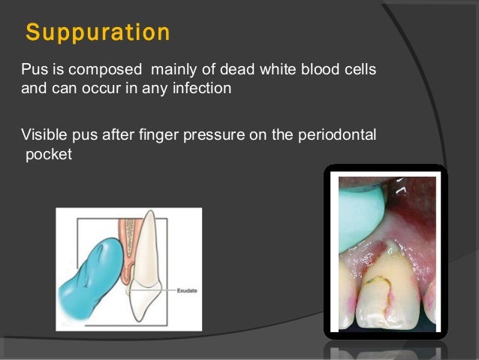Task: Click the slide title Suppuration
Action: [x=98, y=33]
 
